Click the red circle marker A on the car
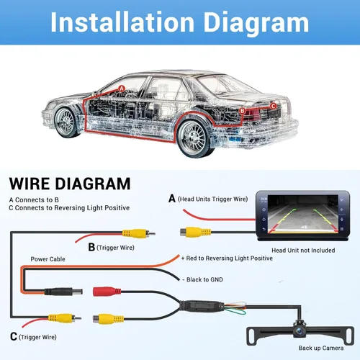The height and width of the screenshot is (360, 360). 122,89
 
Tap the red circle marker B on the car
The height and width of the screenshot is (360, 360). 243,111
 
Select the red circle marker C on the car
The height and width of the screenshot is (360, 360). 273,106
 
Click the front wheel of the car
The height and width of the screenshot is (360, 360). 66,122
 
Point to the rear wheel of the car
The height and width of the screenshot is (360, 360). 193,139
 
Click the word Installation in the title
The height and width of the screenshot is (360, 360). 122,22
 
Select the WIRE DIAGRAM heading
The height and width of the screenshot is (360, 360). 70,184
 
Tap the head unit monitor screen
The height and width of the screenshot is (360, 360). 302,215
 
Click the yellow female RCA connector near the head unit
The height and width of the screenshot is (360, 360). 195,232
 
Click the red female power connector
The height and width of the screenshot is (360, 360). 107,292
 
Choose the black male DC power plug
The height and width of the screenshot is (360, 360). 63,292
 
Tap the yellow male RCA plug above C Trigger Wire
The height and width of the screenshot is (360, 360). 65,318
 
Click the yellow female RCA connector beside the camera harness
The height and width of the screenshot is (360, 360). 109,319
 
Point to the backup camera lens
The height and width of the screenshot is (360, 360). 300,331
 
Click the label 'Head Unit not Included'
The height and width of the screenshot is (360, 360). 303,251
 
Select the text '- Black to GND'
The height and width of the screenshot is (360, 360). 202,279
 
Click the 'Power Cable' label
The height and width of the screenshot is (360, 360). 48,259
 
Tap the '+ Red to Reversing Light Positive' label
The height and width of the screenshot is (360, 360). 227,258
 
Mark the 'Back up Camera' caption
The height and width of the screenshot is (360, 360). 321,348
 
